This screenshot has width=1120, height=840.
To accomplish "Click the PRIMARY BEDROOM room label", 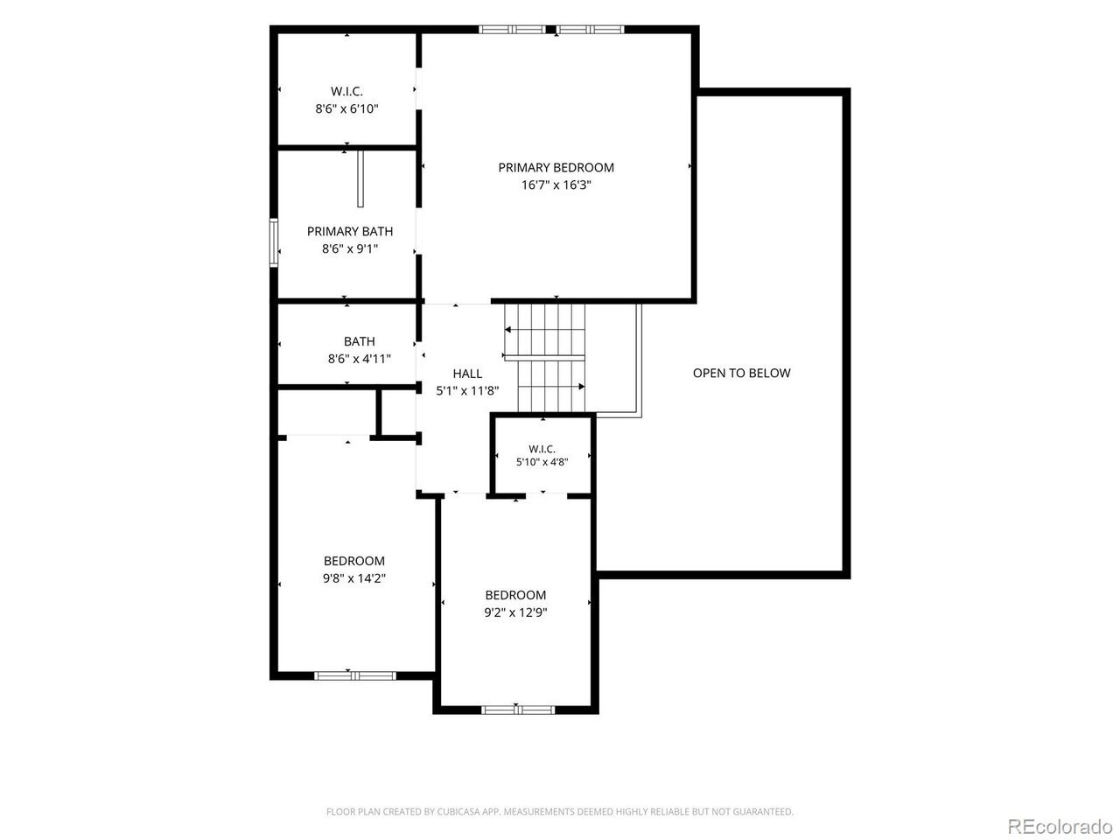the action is point(556,167).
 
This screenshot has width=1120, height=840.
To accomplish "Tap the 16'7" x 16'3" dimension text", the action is point(556,185).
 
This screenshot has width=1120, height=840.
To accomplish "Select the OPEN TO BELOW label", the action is point(741,373).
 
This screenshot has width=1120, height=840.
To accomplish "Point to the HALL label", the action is point(467,374).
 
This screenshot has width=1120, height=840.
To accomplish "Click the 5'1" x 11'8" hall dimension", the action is point(467,390).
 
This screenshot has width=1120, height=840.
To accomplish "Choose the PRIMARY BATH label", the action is point(350,232).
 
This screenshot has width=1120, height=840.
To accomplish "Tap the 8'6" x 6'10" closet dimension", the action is point(347,108).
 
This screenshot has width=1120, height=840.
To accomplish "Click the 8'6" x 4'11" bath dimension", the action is point(360,359).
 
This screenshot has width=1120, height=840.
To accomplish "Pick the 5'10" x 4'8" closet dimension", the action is point(542,462).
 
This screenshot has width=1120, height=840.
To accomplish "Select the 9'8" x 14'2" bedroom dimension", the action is point(354,578).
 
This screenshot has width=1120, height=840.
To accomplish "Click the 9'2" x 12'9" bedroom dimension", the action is point(515,612).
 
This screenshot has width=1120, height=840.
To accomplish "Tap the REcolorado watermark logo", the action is point(1060,826).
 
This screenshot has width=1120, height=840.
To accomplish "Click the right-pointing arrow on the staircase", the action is point(551,387).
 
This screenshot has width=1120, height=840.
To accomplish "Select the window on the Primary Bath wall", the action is point(274,242).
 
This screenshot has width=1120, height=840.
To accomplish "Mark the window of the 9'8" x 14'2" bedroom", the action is point(354,676).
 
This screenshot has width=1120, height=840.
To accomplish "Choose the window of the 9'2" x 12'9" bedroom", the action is point(518,710).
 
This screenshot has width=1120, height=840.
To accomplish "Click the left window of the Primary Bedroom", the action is point(512,30).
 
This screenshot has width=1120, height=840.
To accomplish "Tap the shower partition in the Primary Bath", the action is point(360,179).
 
